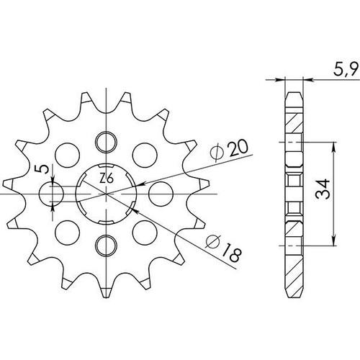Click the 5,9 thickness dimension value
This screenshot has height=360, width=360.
(346, 69)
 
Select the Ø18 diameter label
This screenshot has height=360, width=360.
(223, 248)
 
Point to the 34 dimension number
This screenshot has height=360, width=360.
(323, 189)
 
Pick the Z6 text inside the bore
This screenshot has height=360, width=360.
(106, 179)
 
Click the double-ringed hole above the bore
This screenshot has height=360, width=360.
(106, 142)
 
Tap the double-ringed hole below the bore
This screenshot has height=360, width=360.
(106, 246)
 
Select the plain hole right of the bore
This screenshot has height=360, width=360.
(161, 194)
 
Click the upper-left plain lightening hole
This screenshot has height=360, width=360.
(67, 155)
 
